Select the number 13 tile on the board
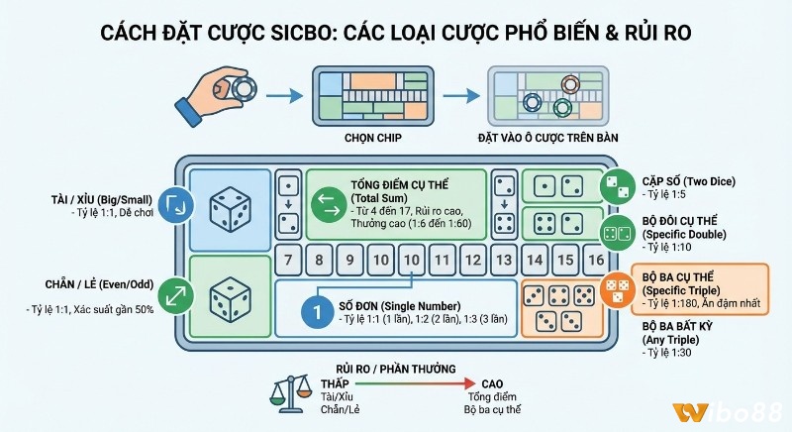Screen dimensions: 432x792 tap(506, 261)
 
